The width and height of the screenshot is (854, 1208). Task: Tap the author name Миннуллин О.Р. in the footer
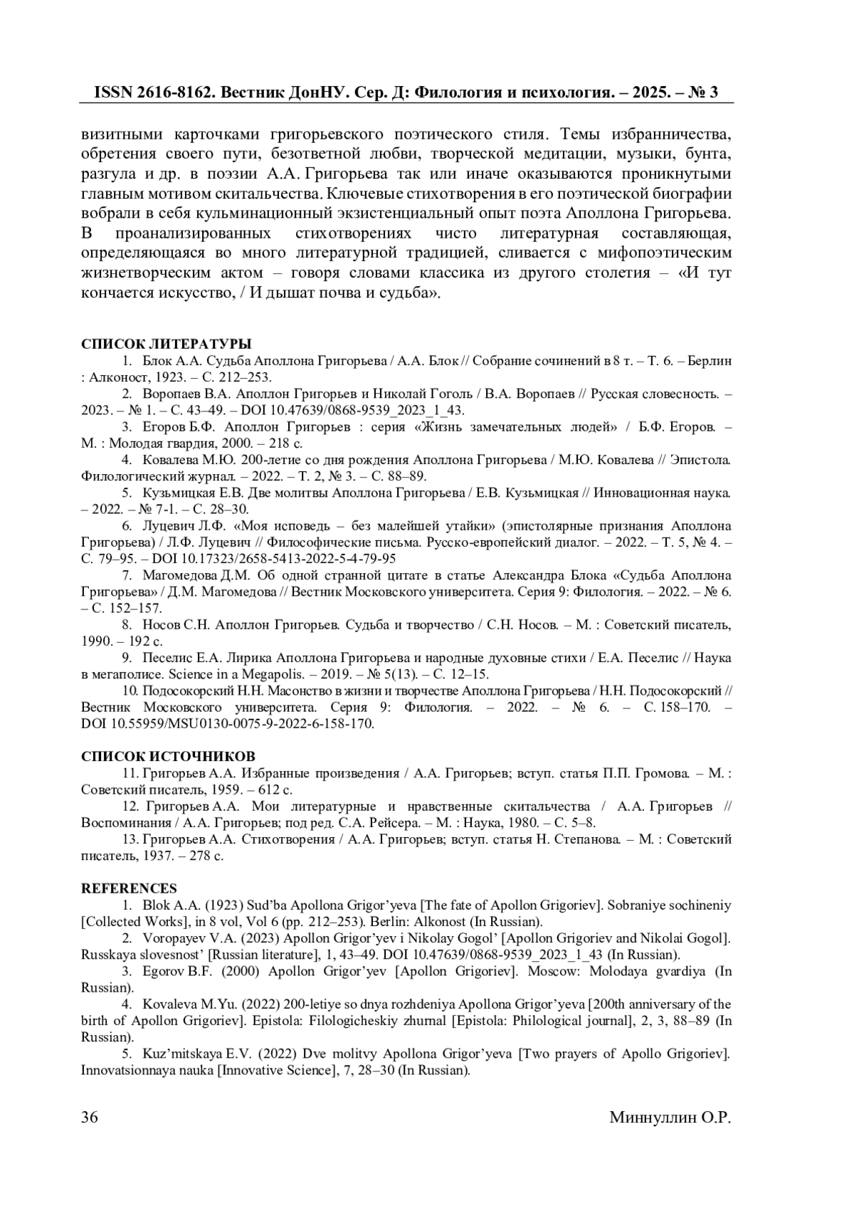(x=670, y=1118)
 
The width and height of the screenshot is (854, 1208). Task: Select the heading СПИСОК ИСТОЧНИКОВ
(x=168, y=756)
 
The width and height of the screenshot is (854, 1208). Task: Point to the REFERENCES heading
(x=129, y=888)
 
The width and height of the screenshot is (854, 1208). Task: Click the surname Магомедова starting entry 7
(x=179, y=575)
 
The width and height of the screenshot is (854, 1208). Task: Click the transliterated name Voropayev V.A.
(x=181, y=938)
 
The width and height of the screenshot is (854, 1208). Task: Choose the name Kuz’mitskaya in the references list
(x=183, y=1054)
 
